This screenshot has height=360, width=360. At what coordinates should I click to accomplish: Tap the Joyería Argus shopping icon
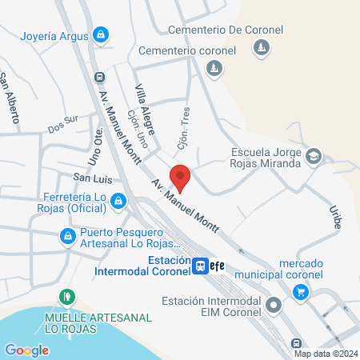click(x=101, y=34)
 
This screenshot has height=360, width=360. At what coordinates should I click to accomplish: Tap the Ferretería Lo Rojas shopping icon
click(x=118, y=201)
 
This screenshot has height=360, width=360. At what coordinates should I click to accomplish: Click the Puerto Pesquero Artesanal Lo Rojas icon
click(x=67, y=237)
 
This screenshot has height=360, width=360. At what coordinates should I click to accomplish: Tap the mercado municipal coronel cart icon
click(x=301, y=292)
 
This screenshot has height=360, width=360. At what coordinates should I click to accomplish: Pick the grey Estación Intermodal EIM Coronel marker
click(x=274, y=305)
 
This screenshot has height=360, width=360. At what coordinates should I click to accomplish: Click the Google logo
click(x=26, y=350)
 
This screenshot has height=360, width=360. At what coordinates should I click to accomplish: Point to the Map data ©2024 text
click(x=326, y=353)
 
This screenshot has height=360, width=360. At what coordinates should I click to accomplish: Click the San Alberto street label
click(x=9, y=97)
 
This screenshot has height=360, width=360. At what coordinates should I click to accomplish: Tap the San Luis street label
click(x=90, y=176)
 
